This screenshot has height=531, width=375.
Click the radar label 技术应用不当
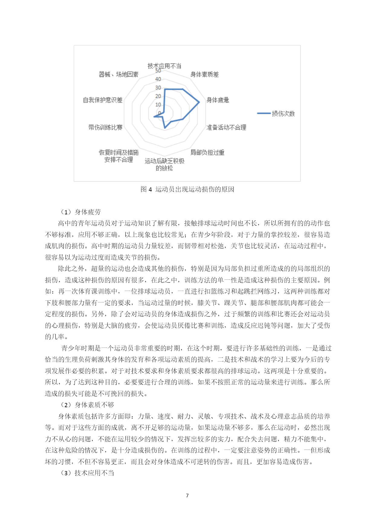164,66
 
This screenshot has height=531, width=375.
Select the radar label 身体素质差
205,74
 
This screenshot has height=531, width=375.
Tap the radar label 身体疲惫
218,100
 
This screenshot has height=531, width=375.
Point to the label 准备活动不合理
226,127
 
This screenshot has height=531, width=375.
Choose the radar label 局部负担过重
207,153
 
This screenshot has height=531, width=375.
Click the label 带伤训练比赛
105,127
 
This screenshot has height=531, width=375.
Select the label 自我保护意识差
103,100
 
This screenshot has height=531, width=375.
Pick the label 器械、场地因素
118,74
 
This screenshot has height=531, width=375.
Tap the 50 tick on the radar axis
158,71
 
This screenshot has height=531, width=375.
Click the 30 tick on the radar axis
158,88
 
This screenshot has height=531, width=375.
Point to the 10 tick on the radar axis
158,105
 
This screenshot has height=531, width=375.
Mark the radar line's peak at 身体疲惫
199,102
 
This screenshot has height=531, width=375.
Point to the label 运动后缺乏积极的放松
164,165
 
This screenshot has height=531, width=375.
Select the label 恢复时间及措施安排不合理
118,156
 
